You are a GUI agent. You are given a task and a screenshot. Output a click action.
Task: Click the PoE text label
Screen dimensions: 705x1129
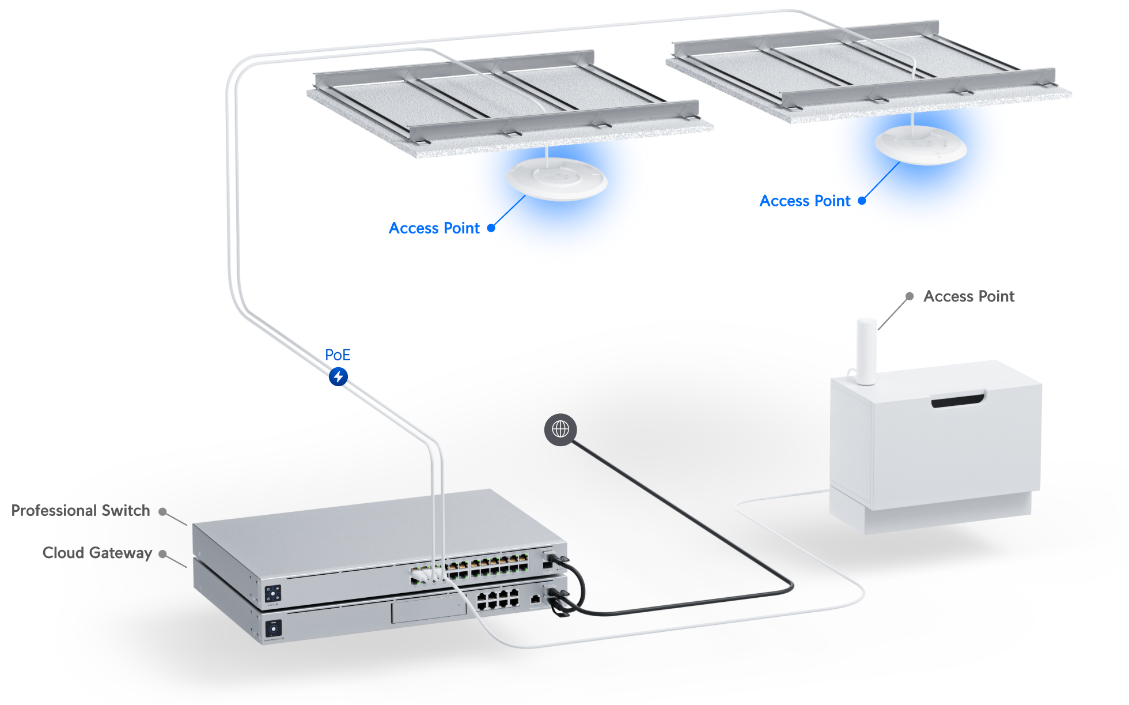pyautogui.click(x=338, y=355)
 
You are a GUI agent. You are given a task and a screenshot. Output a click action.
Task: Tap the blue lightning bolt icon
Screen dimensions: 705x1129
pyautogui.click(x=338, y=377)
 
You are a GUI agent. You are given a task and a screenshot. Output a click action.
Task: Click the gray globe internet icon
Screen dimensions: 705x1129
pyautogui.click(x=560, y=429)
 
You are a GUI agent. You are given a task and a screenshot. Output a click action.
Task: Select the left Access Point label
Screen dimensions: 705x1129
pyautogui.click(x=434, y=229)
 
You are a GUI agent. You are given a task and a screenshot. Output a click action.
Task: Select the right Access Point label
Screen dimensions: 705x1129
pyautogui.click(x=802, y=201)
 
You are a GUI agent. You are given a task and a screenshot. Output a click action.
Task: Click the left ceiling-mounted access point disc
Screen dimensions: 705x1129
pyautogui.click(x=556, y=179)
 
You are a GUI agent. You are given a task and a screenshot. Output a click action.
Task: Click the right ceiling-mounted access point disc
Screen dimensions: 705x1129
pyautogui.click(x=920, y=145)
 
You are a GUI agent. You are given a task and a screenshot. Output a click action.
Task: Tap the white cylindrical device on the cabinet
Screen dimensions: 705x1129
pyautogui.click(x=866, y=350)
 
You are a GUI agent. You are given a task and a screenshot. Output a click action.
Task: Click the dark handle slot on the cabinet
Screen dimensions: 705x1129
pyautogui.click(x=958, y=399)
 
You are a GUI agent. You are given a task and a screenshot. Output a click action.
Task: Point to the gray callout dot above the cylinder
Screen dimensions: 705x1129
pyautogui.click(x=910, y=296)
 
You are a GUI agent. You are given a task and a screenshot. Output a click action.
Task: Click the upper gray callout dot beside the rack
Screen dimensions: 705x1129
pyautogui.click(x=163, y=512)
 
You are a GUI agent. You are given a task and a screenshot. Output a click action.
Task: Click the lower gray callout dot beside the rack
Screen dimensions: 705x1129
pyautogui.click(x=163, y=555)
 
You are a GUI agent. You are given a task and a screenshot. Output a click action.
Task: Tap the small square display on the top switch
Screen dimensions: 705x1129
pyautogui.click(x=273, y=593)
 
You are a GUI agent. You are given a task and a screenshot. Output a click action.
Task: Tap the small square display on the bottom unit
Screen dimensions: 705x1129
pyautogui.click(x=273, y=627)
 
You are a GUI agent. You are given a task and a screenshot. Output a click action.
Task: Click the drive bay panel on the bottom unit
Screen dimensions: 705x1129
pyautogui.click(x=429, y=610)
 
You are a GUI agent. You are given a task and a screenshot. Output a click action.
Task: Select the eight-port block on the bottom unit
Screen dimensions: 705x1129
pyautogui.click(x=498, y=599)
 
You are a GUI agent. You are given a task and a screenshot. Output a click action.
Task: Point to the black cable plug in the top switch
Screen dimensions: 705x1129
pyautogui.click(x=555, y=559)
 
